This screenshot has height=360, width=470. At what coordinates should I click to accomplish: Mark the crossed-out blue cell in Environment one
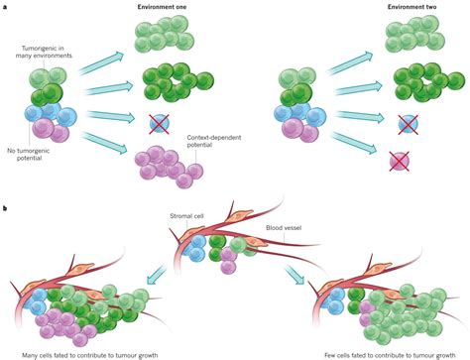[x=159, y=123]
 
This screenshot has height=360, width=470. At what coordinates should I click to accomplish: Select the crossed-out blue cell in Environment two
[x=407, y=123]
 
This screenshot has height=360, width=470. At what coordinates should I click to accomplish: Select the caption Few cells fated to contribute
[x=378, y=353]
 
